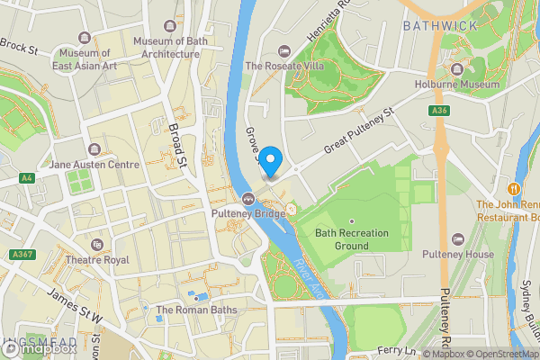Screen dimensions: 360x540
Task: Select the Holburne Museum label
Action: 475,85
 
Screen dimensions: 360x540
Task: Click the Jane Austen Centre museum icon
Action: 94,148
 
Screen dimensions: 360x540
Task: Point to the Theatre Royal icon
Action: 96,244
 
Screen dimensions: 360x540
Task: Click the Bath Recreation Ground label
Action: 352,238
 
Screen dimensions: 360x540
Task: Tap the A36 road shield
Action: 439,111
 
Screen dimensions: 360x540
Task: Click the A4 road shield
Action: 25,178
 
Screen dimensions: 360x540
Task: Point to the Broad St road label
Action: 176,144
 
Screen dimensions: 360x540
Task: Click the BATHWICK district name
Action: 440,26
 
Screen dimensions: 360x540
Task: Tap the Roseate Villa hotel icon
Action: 284,49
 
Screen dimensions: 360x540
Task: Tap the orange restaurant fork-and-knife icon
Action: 513,189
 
